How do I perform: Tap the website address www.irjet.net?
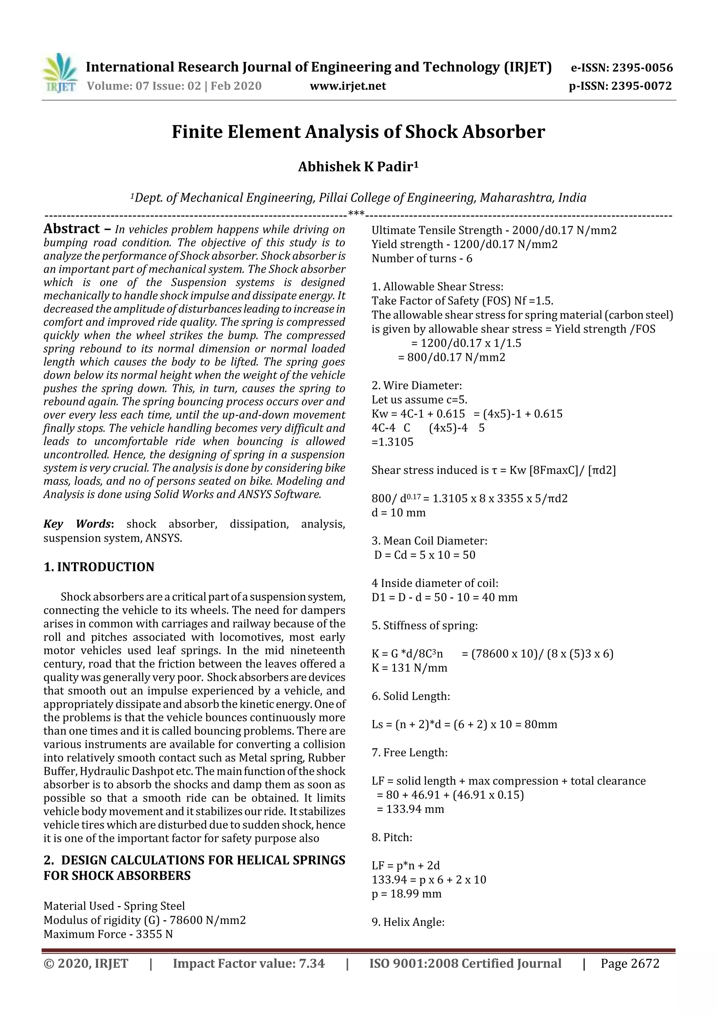pos(348,86)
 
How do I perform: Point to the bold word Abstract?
pos(71,229)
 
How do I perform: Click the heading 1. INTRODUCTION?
pos(99,567)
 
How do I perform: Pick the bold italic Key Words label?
pos(78,524)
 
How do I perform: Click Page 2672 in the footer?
pos(629,963)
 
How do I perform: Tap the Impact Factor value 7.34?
pos(312,963)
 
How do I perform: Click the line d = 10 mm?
pos(398,513)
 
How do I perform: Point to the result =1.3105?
pos(392,442)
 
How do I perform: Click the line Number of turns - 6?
pos(422,258)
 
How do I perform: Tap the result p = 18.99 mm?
pos(406,894)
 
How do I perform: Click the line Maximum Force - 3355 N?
pos(108,934)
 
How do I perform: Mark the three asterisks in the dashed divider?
pos(356,215)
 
